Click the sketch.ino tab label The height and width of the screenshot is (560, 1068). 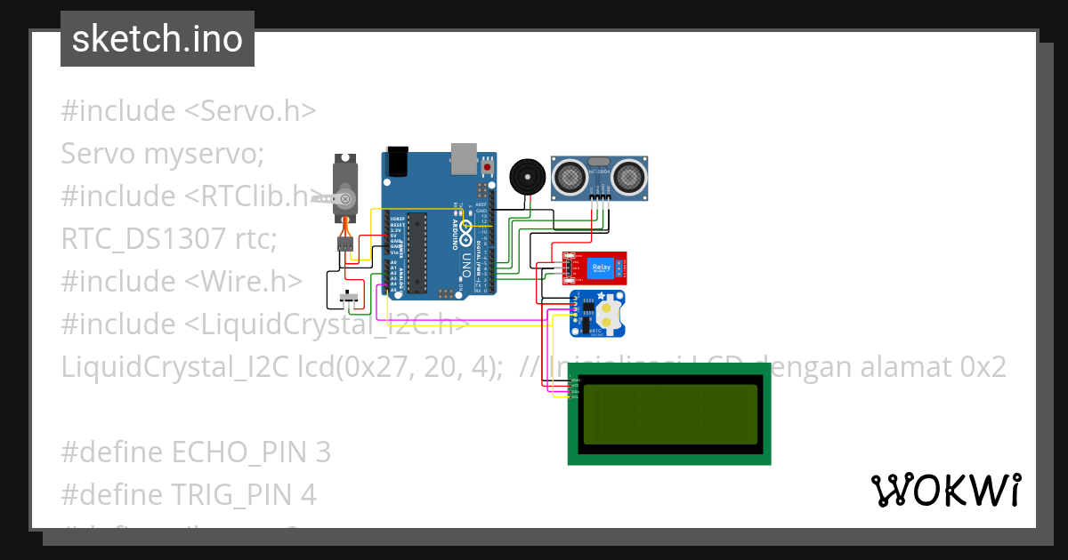(157, 39)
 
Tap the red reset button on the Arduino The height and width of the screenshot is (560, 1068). (487, 166)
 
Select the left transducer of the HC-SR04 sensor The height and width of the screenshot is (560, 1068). (570, 178)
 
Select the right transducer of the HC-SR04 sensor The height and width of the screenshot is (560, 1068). (630, 178)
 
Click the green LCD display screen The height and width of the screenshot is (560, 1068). (669, 414)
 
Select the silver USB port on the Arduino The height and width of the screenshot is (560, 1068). (464, 157)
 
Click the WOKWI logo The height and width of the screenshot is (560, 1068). (945, 491)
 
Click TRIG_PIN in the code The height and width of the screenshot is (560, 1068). (231, 495)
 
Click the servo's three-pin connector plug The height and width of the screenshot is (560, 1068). (345, 243)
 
